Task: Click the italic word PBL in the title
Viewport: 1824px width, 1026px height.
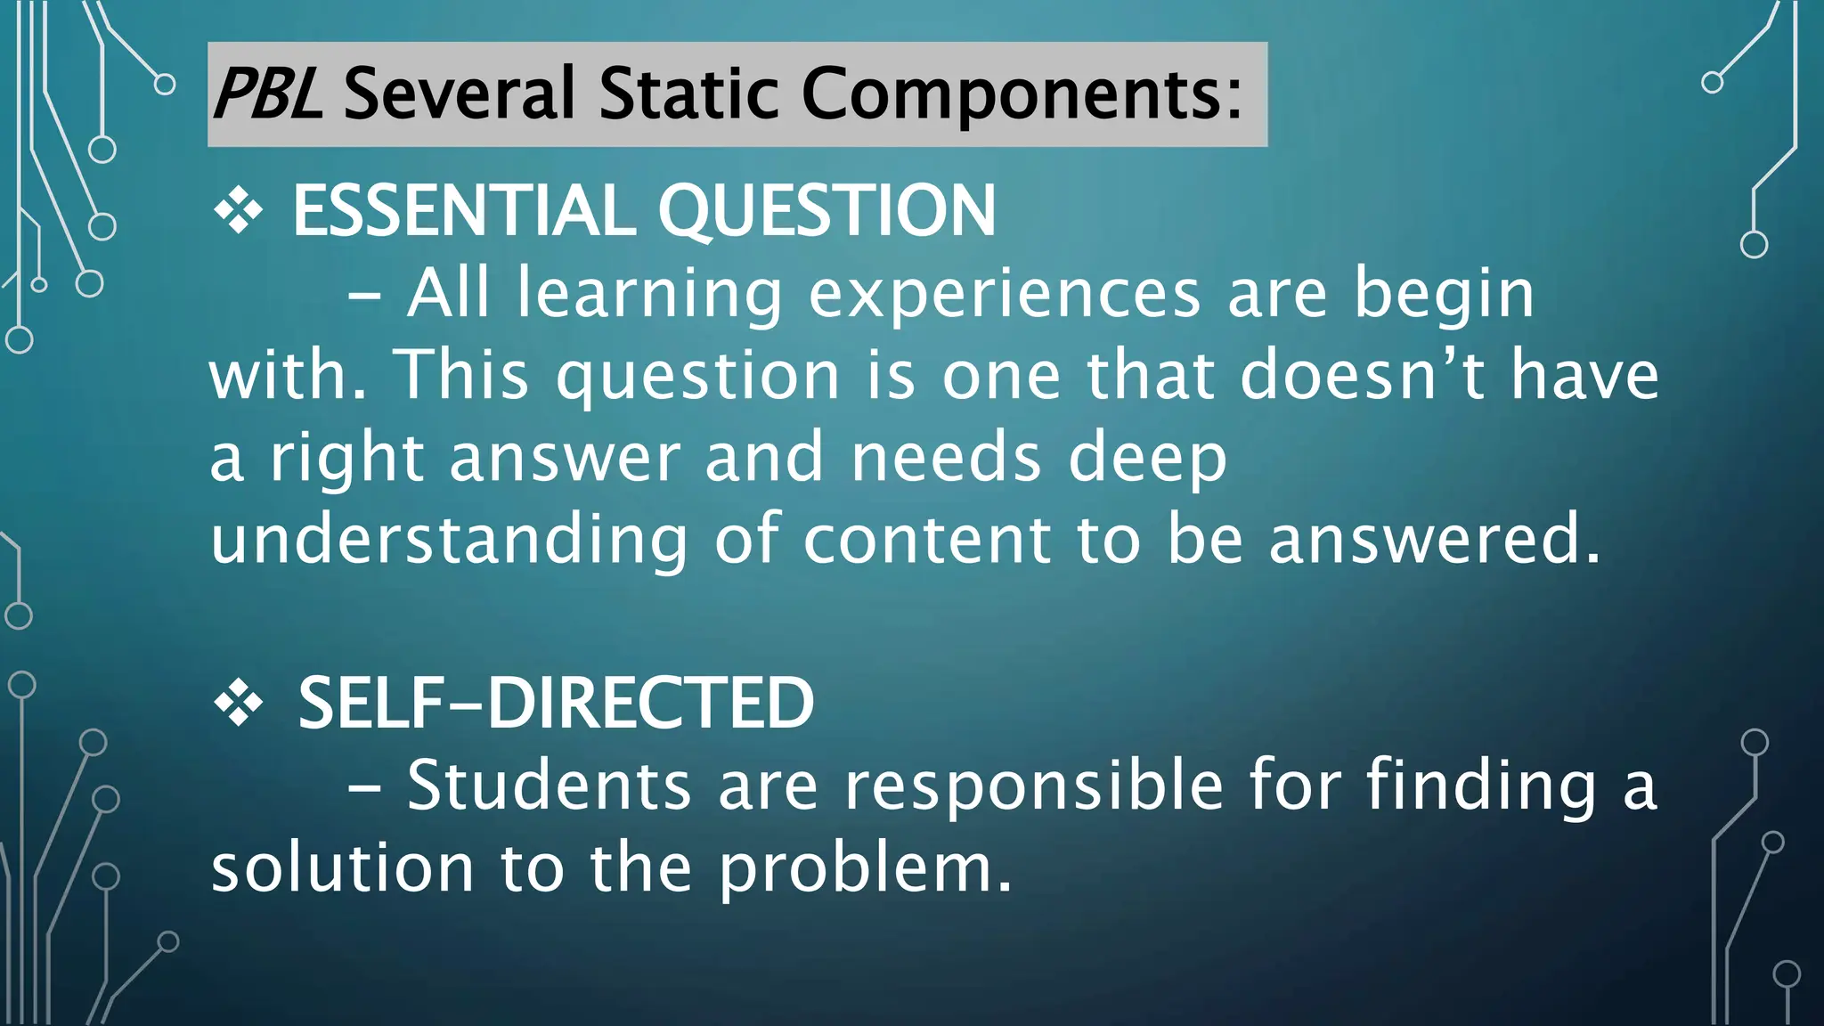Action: pyautogui.click(x=267, y=94)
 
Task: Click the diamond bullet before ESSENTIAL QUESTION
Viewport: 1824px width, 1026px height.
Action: pyautogui.click(x=239, y=212)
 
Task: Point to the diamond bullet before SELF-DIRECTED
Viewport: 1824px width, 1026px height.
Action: pyautogui.click(x=239, y=704)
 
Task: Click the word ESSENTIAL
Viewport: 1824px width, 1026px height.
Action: pyautogui.click(x=463, y=211)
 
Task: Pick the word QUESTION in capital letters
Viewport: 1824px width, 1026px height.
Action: pyautogui.click(x=826, y=213)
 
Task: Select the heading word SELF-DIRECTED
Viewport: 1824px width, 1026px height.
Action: pyautogui.click(x=556, y=704)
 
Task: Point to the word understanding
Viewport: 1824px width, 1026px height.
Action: pyautogui.click(x=449, y=541)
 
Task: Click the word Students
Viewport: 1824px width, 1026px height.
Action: pyautogui.click(x=550, y=786)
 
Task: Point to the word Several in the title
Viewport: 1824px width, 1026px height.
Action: pyautogui.click(x=459, y=94)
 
